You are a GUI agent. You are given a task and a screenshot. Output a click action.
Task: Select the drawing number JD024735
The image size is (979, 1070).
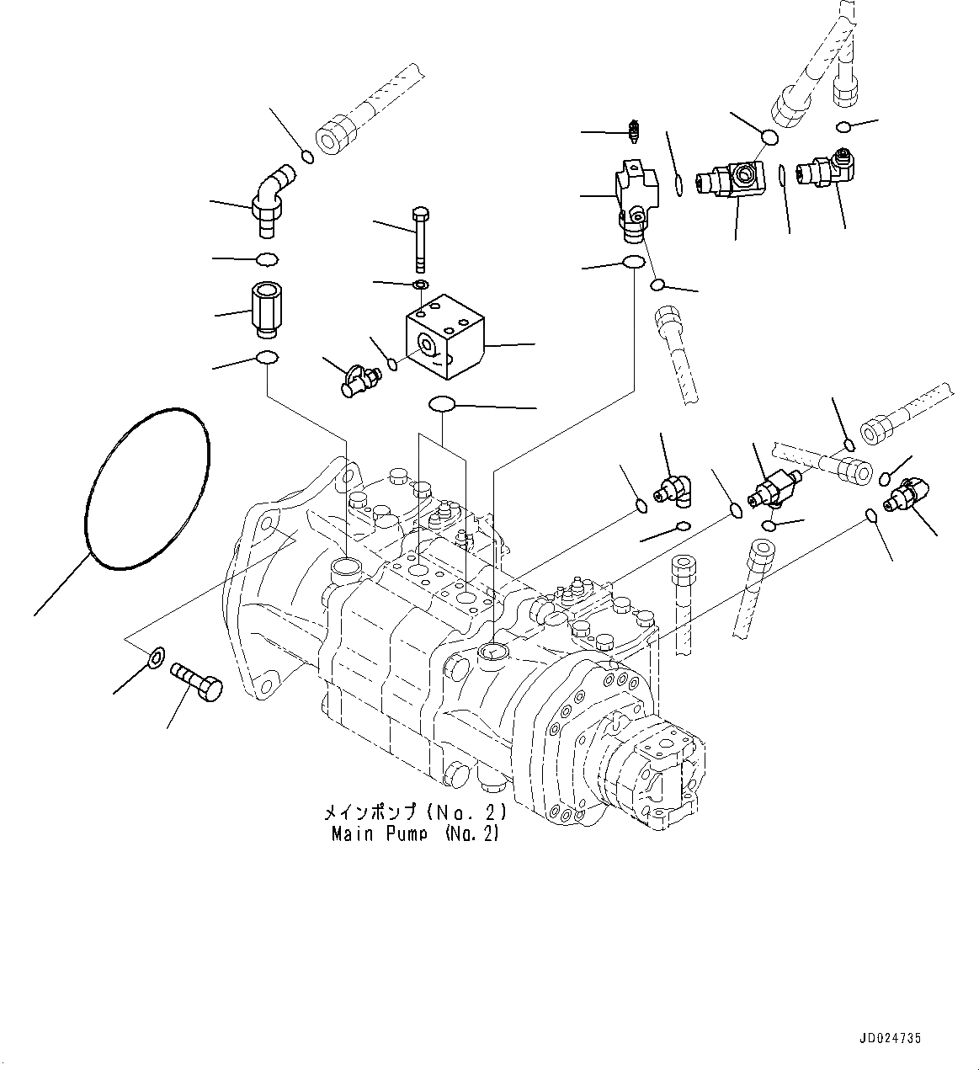pos(890,1039)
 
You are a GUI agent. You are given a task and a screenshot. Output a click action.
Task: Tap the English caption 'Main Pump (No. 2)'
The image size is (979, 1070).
pos(415,834)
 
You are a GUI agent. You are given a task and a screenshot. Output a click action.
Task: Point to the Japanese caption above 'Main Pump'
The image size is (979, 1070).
pos(415,813)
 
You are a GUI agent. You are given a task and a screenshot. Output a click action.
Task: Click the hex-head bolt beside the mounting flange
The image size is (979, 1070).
pos(197,680)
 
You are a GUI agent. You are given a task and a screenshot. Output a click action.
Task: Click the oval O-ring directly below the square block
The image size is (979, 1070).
pos(443,405)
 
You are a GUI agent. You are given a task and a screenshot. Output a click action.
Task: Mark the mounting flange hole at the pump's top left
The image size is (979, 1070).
pos(266,526)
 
